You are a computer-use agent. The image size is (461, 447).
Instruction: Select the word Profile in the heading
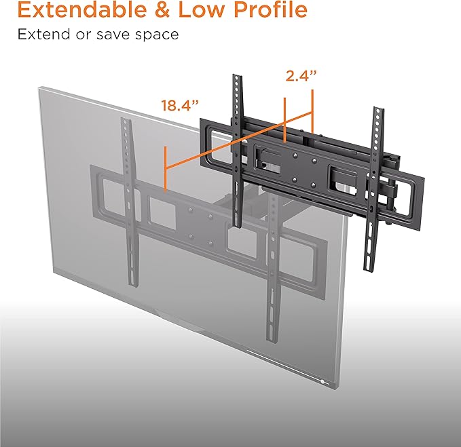click(x=271, y=10)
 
